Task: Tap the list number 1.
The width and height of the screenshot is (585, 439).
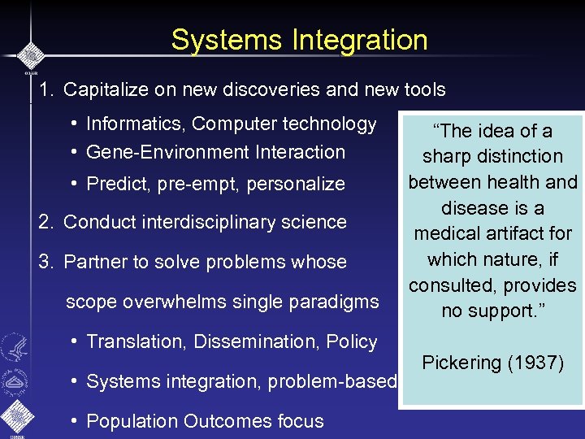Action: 45,89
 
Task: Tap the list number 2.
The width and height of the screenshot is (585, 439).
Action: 45,222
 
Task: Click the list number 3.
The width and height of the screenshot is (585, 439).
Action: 45,262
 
